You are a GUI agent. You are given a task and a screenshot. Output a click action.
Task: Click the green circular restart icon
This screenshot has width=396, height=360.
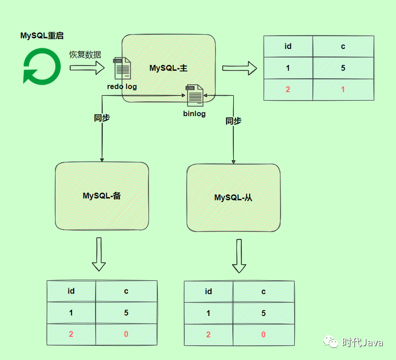(42, 66)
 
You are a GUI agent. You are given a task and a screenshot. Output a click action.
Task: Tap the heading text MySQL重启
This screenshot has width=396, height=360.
(42, 36)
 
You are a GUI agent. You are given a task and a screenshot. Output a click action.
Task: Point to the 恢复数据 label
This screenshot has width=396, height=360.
(85, 54)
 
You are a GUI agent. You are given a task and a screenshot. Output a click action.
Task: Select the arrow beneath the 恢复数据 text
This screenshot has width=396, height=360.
(87, 68)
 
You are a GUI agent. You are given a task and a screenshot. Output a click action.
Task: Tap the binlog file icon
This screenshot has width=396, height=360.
(194, 95)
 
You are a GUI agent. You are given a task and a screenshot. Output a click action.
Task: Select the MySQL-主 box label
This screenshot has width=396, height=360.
(168, 68)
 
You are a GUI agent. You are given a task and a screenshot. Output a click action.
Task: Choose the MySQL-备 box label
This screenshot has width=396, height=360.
(102, 195)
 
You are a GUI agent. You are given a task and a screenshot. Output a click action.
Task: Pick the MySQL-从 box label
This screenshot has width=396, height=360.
(233, 198)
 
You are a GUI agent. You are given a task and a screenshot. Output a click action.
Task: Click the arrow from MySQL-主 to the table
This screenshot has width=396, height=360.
(240, 68)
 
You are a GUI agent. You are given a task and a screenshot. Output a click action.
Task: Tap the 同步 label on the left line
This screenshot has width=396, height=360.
(102, 118)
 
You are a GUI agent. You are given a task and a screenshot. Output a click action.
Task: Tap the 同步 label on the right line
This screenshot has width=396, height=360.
(233, 121)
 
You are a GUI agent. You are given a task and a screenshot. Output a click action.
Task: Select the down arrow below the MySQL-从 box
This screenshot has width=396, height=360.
(239, 256)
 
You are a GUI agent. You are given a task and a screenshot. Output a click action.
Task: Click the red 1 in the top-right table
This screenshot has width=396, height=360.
(343, 89)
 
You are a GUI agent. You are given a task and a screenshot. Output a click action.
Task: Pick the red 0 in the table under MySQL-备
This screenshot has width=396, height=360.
(126, 334)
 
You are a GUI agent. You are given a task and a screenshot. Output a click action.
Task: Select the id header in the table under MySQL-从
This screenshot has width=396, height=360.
(208, 291)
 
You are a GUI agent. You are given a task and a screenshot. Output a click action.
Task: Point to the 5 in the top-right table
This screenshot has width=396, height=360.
(343, 68)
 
